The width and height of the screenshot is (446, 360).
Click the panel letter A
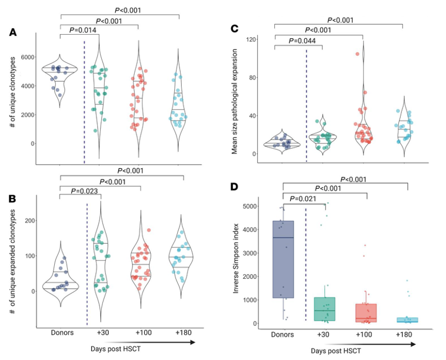(13, 33)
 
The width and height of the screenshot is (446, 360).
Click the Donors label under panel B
(62, 333)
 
